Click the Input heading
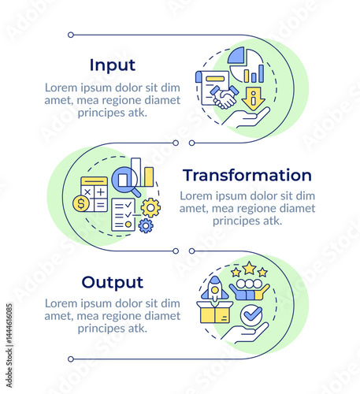tap(113, 65)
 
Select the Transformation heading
tap(247, 175)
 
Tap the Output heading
tap(113, 283)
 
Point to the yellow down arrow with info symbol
tap(254, 98)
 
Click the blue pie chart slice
tap(236, 55)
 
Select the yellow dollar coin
tap(81, 203)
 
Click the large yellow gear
tap(150, 208)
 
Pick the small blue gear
tap(146, 226)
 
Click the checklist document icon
tap(124, 215)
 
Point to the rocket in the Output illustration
tap(215, 288)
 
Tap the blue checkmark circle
tap(251, 315)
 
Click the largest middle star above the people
tap(249, 268)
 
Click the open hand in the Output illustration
tap(245, 333)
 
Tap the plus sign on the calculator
tap(101, 192)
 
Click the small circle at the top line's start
tap(71, 35)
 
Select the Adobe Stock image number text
tap(9, 324)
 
